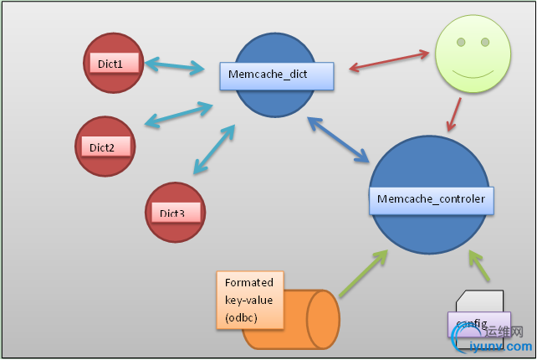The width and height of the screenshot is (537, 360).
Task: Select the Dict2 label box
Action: pyautogui.click(x=105, y=147)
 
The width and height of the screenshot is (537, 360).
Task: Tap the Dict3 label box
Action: pyautogui.click(x=175, y=213)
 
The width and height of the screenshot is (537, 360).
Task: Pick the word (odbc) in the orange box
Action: pyautogui.click(x=240, y=316)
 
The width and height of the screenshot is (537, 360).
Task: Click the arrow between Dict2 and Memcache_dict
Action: pyautogui.click(x=178, y=116)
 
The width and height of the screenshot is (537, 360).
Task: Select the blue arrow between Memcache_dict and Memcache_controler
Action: pyautogui.click(x=338, y=138)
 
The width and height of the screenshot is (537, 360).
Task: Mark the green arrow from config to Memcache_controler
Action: pyautogui.click(x=482, y=269)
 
